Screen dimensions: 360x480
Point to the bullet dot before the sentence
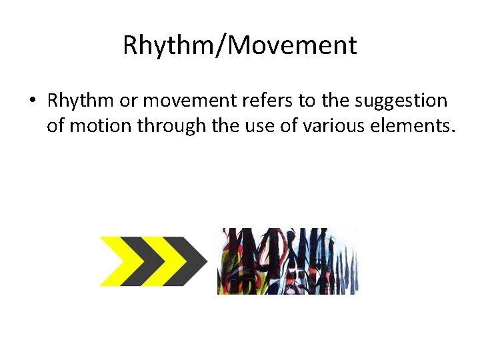(32, 102)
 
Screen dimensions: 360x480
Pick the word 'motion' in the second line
(99, 125)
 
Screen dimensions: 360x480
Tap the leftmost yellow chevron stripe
(116, 260)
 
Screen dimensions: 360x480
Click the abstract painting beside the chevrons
(288, 261)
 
